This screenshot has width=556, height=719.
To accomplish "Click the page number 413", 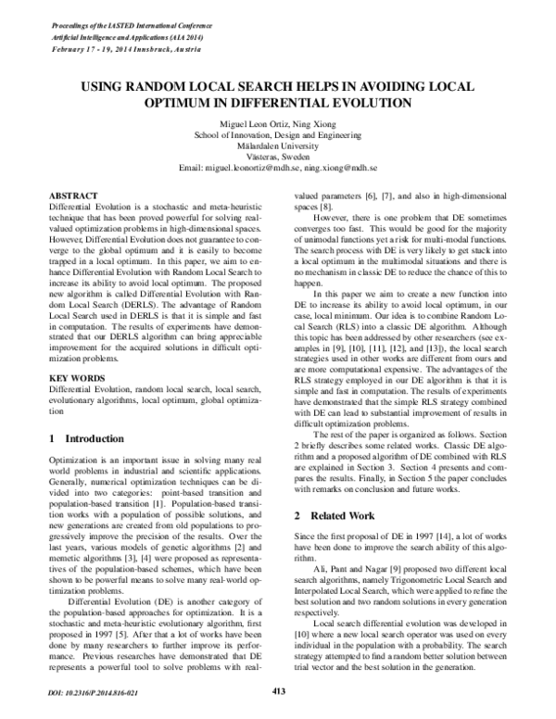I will pyautogui.click(x=277, y=689).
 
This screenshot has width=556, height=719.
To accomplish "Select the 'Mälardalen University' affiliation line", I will pyautogui.click(x=278, y=146).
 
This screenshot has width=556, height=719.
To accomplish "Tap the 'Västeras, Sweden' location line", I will pyautogui.click(x=278, y=158).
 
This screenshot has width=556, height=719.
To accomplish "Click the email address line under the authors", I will pyautogui.click(x=278, y=169).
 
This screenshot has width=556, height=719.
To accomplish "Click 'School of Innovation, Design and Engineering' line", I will pyautogui.click(x=278, y=135).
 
